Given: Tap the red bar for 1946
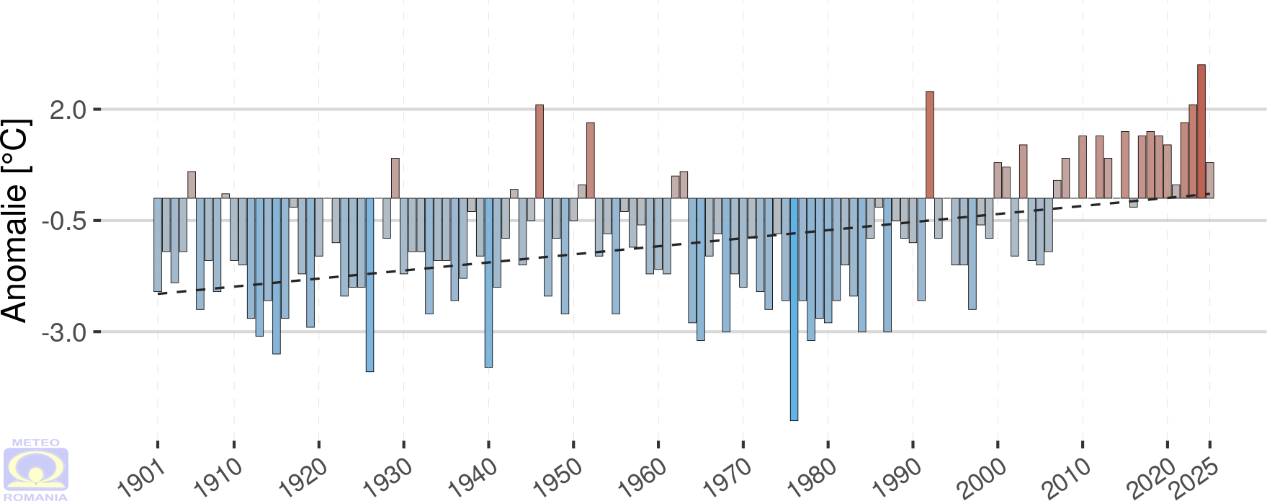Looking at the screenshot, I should [540, 151].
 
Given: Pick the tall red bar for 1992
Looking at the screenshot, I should [930, 144].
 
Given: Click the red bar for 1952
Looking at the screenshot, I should [591, 160].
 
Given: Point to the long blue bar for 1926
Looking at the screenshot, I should [370, 285].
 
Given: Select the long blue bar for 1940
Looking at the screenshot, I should [488, 283].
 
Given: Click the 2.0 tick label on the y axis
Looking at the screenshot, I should [68, 110].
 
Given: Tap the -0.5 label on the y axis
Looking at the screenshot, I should [64, 221].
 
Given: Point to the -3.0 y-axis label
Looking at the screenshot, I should [64, 333].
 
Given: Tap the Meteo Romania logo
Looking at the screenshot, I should [36, 469].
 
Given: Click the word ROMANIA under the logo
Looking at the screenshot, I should [36, 497].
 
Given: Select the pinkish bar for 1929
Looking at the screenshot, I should [395, 178].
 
